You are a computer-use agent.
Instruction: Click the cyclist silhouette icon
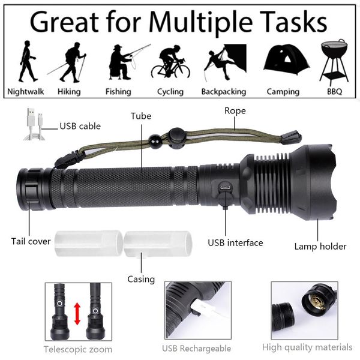pyautogui.click(x=170, y=61)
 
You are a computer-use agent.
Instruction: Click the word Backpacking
pyautogui.click(x=223, y=92)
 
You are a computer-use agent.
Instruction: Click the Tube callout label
pyautogui.click(x=141, y=116)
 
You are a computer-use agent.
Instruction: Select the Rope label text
pyautogui.click(x=235, y=110)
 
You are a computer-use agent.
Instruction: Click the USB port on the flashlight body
pyautogui.click(x=225, y=187)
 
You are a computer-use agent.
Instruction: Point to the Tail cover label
pyautogui.click(x=31, y=241)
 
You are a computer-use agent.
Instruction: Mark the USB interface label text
pyautogui.click(x=235, y=242)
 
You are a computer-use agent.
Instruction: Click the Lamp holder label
pyautogui.click(x=320, y=246)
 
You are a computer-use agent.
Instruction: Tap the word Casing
pyautogui.click(x=141, y=279)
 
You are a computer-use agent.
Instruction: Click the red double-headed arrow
pyautogui.click(x=77, y=314)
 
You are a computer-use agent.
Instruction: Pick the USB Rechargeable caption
pyautogui.click(x=196, y=349)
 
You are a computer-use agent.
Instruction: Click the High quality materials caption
pyautogui.click(x=307, y=347)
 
